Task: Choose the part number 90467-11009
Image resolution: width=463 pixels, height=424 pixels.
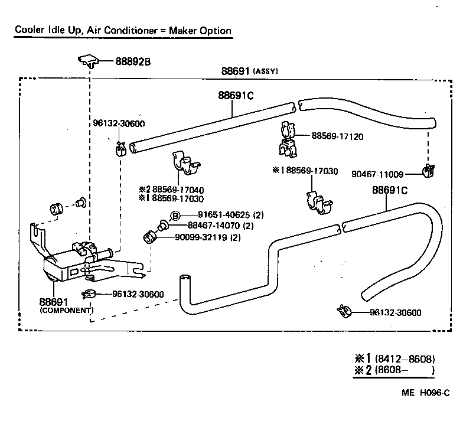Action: [377, 174]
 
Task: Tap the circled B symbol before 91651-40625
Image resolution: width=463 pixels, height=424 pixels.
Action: [175, 215]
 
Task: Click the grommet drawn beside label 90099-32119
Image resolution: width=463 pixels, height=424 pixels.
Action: [149, 238]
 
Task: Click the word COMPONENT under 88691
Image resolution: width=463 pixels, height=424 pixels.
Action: [66, 309]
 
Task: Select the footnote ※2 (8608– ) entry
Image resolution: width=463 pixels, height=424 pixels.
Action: [394, 371]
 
